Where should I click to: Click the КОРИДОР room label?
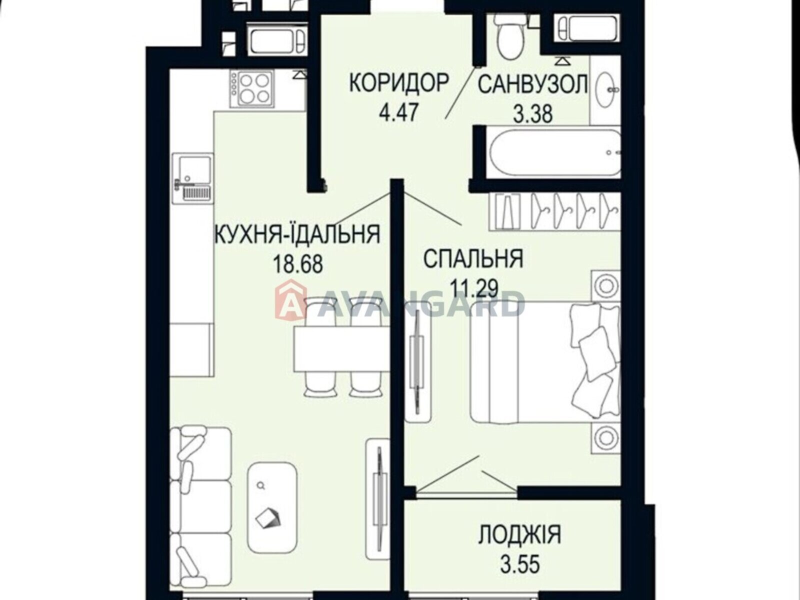(398, 82)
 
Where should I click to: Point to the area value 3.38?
(533, 114)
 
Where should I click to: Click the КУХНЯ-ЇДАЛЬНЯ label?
(297, 234)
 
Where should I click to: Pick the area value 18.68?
(297, 263)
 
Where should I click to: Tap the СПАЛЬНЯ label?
(473, 259)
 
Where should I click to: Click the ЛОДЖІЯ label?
(519, 535)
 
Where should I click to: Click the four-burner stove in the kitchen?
(251, 87)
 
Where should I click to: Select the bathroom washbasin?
(605, 90)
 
